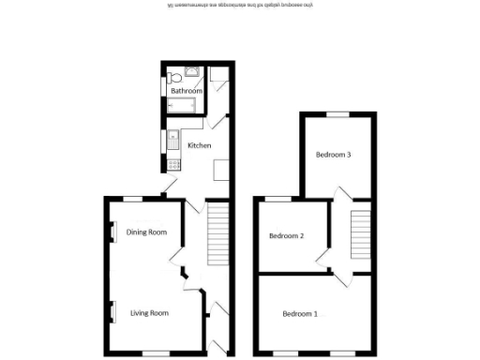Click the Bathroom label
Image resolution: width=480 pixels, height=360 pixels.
tap(187, 91)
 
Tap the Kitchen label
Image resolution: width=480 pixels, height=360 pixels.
tap(199, 145)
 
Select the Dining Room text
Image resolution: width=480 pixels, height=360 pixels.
tap(146, 232)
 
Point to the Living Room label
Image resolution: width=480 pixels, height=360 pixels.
tap(149, 312)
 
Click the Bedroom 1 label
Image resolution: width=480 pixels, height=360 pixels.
tap(300, 313)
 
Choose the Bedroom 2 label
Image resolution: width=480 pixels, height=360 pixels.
tap(286, 235)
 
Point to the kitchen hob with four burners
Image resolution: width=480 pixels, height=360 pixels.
tap(173, 164)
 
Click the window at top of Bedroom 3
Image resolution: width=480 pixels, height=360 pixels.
tap(336, 113)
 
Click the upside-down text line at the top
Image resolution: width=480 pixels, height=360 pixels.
tap(239, 6)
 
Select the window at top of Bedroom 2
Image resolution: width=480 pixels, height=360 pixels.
tap(279, 199)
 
